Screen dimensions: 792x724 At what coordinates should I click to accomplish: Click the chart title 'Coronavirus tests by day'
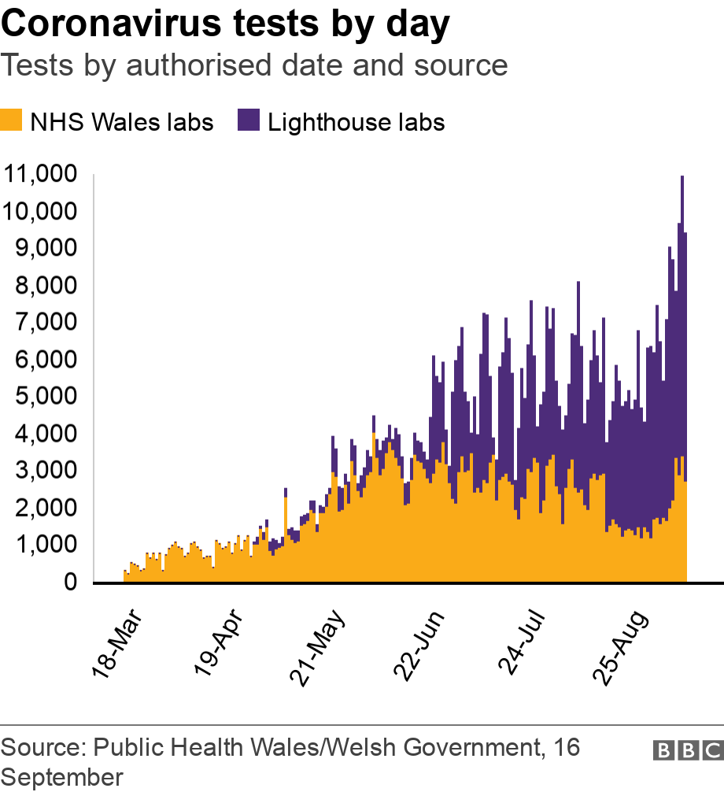[x=225, y=25]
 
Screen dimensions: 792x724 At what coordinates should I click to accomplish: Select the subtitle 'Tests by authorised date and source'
[x=254, y=65]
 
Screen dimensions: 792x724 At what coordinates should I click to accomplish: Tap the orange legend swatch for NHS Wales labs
[x=10, y=121]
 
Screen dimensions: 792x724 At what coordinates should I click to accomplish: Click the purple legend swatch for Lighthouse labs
[x=248, y=121]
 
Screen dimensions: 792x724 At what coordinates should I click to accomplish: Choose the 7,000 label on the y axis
[x=46, y=322]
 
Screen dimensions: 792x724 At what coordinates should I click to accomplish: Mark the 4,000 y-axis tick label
[x=46, y=434]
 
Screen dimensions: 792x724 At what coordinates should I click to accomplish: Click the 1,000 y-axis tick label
[x=46, y=545]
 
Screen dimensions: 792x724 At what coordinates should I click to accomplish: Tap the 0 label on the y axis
[x=69, y=583]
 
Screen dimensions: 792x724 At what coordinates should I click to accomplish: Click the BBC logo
[x=687, y=750]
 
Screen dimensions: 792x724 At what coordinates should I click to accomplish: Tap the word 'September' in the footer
[x=62, y=777]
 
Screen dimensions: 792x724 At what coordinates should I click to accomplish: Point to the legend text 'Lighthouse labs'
[x=356, y=123]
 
